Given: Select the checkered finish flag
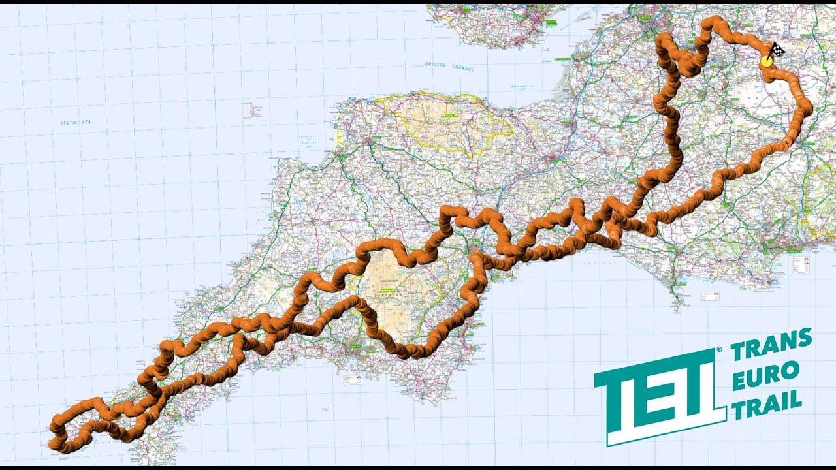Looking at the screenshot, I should tap(776, 50).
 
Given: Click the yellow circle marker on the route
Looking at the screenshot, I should tap(766, 61).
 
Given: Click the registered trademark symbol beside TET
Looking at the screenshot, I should tap(719, 350).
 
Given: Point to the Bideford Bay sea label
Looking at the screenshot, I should tap(306, 142).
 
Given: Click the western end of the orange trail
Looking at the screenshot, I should tap(53, 444).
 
